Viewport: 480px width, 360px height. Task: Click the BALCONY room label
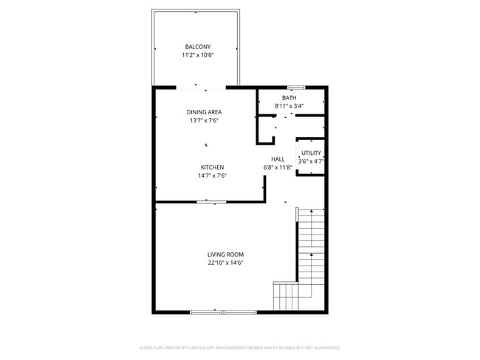(197, 46)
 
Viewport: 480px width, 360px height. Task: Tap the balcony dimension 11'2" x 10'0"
(197, 55)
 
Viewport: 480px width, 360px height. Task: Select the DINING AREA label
(203, 112)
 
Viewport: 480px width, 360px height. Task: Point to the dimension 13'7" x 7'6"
(203, 120)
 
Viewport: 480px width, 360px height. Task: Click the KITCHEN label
(211, 167)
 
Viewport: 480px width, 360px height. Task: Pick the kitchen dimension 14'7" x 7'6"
(211, 176)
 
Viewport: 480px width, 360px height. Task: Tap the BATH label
(289, 98)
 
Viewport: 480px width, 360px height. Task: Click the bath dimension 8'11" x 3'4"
(289, 106)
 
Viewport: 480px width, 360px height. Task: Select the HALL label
(278, 159)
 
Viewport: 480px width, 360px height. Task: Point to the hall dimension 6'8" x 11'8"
(278, 167)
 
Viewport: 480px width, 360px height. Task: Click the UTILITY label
(311, 153)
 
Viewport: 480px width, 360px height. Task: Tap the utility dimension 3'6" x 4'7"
(311, 161)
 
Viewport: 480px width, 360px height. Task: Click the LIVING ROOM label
(225, 255)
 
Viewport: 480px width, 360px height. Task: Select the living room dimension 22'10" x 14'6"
(225, 263)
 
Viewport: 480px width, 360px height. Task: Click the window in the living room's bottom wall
(213, 312)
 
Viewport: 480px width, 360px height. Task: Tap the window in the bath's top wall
(296, 87)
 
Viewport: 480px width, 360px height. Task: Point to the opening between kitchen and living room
(211, 201)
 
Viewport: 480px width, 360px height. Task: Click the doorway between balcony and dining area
(201, 87)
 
